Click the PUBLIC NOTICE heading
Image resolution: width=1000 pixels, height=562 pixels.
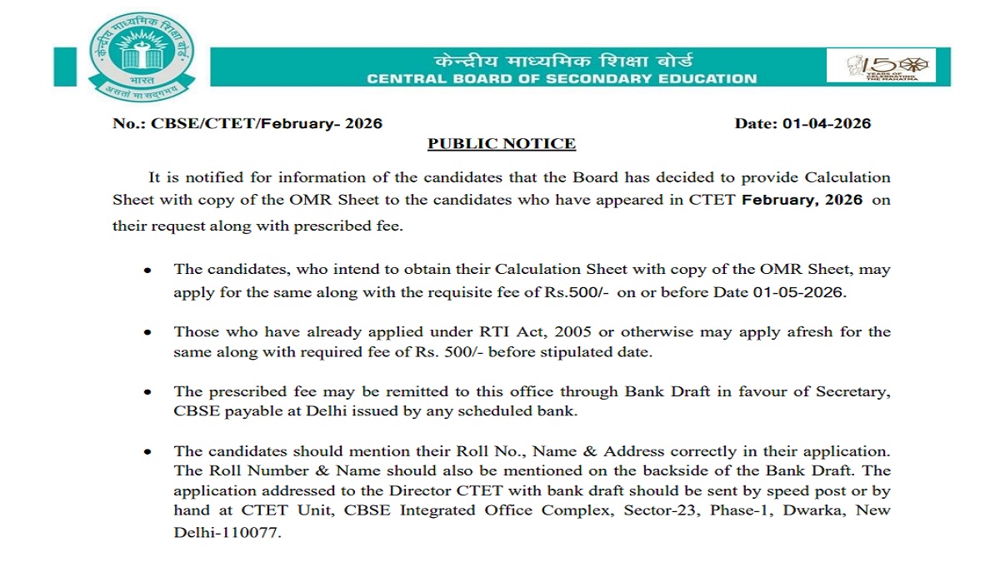click(502, 144)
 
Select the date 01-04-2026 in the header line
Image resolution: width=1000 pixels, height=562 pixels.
click(827, 124)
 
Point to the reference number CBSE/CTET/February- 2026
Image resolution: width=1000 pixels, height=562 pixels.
click(267, 124)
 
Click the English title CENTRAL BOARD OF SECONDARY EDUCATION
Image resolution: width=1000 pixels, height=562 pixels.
click(562, 79)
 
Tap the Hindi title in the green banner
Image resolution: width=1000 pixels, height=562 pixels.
click(562, 61)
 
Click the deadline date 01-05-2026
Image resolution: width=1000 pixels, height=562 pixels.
click(802, 292)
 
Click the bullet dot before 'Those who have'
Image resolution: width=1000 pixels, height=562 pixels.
click(147, 332)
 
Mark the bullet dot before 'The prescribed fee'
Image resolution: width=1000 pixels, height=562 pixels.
click(147, 392)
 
